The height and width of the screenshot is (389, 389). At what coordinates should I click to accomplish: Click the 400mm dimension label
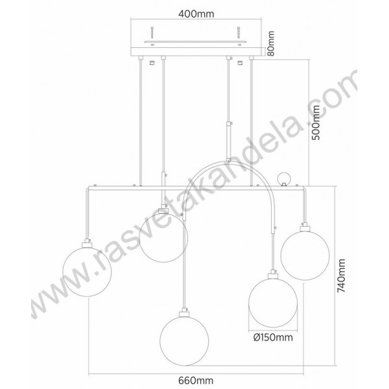pyautogui.click(x=196, y=14)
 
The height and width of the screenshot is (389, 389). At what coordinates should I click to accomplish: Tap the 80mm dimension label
pyautogui.click(x=271, y=43)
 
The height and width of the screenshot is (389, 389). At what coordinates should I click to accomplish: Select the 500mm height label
pyautogui.click(x=316, y=123)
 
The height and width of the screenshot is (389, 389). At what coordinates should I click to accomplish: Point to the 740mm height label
pyautogui.click(x=341, y=276)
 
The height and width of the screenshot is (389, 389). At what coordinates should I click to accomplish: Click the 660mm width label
pyautogui.click(x=196, y=381)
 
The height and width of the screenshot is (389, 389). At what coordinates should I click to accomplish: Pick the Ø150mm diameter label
pyautogui.click(x=273, y=337)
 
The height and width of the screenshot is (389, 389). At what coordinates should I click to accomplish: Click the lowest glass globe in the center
pyautogui.click(x=184, y=341)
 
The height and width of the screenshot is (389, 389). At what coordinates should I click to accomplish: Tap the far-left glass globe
pyautogui.click(x=87, y=272)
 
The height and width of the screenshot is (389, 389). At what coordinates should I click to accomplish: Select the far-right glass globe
pyautogui.click(x=305, y=255)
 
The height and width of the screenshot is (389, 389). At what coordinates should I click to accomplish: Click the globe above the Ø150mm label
pyautogui.click(x=273, y=303)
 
